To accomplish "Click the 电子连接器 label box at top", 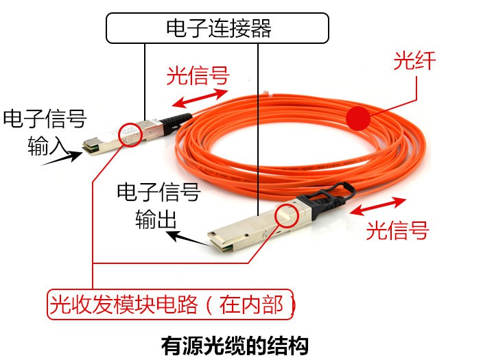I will pos(217,28).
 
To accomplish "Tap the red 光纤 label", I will pos(414,61).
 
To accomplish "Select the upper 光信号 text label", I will pos(198,75).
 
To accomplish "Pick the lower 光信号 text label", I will pos(397,230).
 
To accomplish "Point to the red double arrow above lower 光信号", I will pos(379,205).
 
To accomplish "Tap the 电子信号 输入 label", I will pos(45,130).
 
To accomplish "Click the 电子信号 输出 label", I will pos(157,204).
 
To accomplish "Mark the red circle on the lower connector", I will pos(287,215).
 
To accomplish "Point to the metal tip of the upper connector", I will pos(91,145).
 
